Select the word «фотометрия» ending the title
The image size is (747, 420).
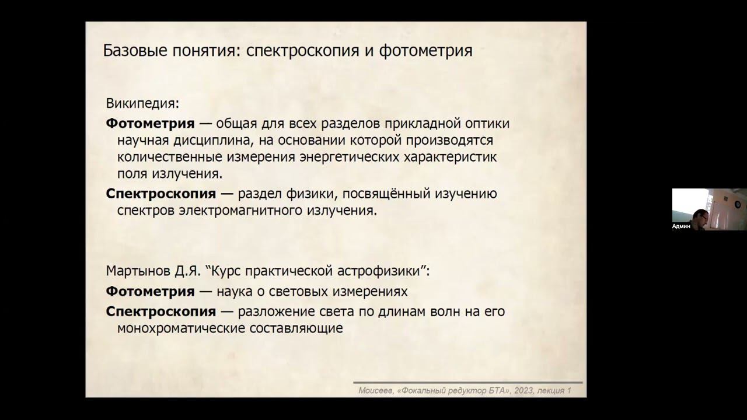[425, 51]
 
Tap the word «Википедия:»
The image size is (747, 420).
[142, 104]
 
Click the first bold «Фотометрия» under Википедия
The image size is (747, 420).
[150, 124]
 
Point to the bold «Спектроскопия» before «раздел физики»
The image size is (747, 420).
[160, 194]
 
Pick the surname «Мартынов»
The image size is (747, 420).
[135, 271]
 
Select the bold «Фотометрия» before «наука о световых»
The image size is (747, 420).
[150, 291]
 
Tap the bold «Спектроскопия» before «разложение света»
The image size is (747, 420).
[160, 311]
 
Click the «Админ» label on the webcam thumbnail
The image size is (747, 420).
[681, 226]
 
